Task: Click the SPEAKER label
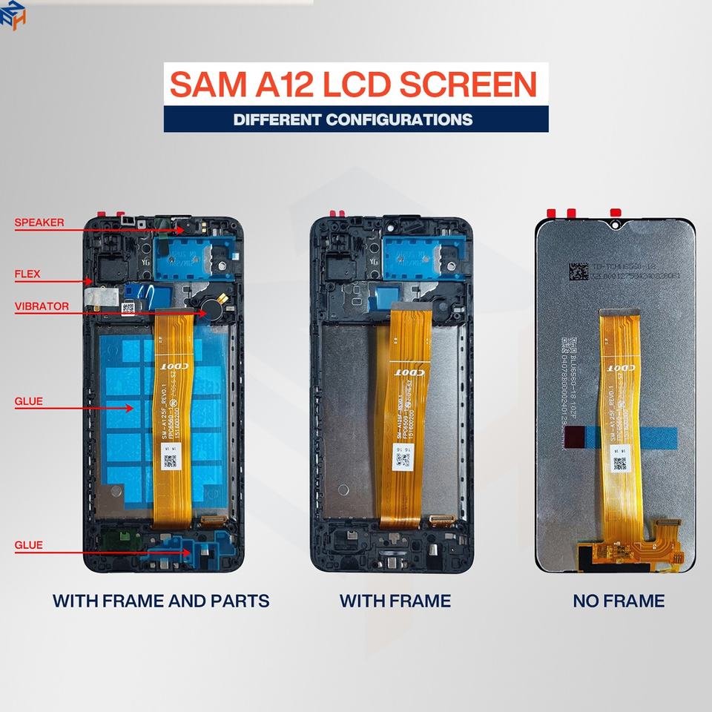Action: click(39, 222)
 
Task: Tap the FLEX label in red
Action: click(27, 274)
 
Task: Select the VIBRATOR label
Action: click(42, 306)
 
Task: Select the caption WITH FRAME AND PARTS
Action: click(161, 600)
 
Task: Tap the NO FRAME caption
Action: click(619, 600)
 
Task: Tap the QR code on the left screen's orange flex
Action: click(171, 461)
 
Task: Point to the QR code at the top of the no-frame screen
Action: click(579, 270)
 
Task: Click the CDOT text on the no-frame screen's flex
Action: click(622, 367)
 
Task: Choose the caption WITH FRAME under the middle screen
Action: click(395, 600)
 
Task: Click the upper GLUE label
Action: click(29, 401)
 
